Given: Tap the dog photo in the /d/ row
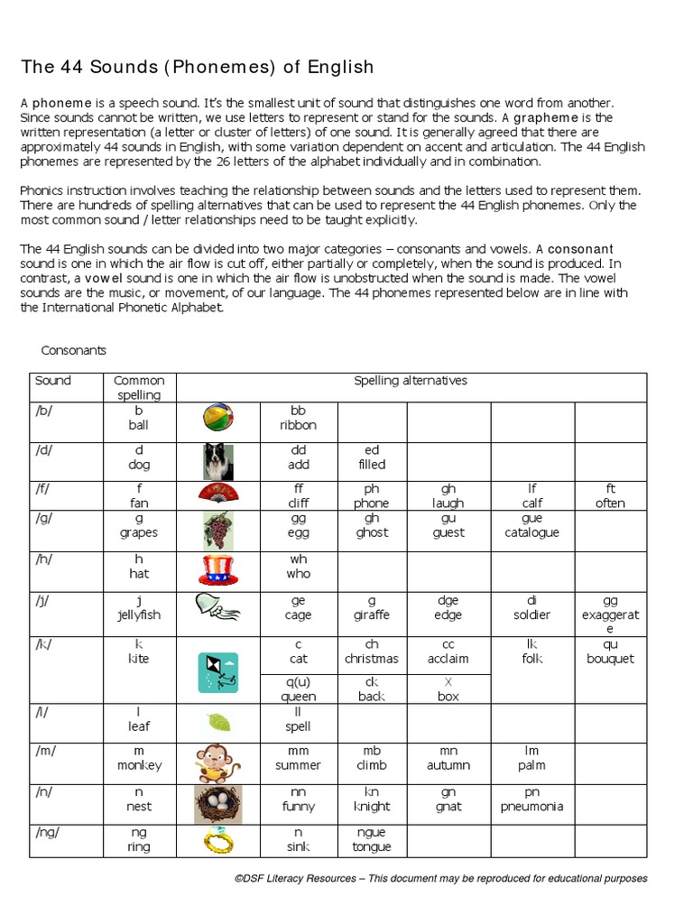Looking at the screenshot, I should tap(218, 461).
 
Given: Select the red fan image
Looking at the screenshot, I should tap(218, 493).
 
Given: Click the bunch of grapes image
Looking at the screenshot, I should tap(218, 530).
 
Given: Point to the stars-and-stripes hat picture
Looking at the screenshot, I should tap(218, 570).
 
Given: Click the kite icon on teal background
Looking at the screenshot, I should tap(218, 672).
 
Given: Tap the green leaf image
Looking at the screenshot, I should tap(218, 722).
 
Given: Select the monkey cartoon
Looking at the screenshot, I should tap(218, 762).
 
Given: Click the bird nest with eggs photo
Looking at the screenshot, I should tap(218, 803).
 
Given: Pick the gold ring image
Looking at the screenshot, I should tap(218, 841).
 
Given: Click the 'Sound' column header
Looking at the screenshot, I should tap(53, 381).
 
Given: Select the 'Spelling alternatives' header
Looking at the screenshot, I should tap(411, 381).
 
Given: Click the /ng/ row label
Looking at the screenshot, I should tap(47, 833).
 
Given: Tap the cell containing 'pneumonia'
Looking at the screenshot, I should tap(532, 799).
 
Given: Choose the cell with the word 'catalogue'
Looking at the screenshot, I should tap(532, 526).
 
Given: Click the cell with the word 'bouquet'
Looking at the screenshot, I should tap(610, 651).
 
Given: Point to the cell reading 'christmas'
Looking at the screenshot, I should tap(371, 651).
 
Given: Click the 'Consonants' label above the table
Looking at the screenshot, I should tap(74, 350).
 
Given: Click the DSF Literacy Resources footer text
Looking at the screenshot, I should tap(440, 878).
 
